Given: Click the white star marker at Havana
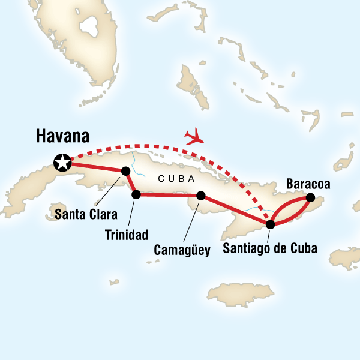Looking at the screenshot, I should [61, 161].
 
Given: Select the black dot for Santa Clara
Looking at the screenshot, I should [126, 171].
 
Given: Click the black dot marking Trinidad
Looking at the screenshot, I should [136, 194].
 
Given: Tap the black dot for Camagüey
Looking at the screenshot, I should [201, 196].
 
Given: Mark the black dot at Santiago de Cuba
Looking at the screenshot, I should [270, 224].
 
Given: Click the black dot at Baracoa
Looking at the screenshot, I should [310, 197].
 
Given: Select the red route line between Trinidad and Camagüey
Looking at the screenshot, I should [169, 195].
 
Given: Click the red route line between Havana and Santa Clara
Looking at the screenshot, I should [96, 166].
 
